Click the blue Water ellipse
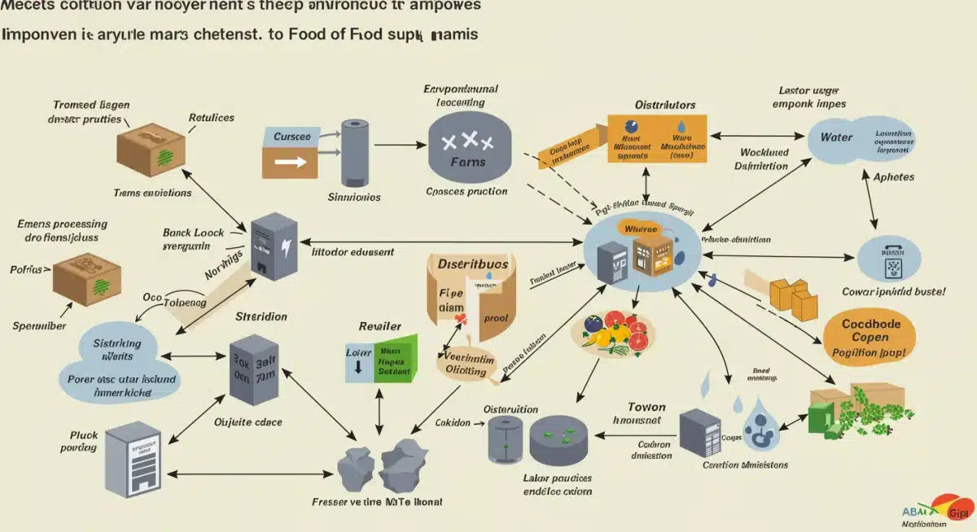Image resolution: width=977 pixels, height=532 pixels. click(863, 138)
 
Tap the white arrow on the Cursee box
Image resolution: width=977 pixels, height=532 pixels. click(289, 162)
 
